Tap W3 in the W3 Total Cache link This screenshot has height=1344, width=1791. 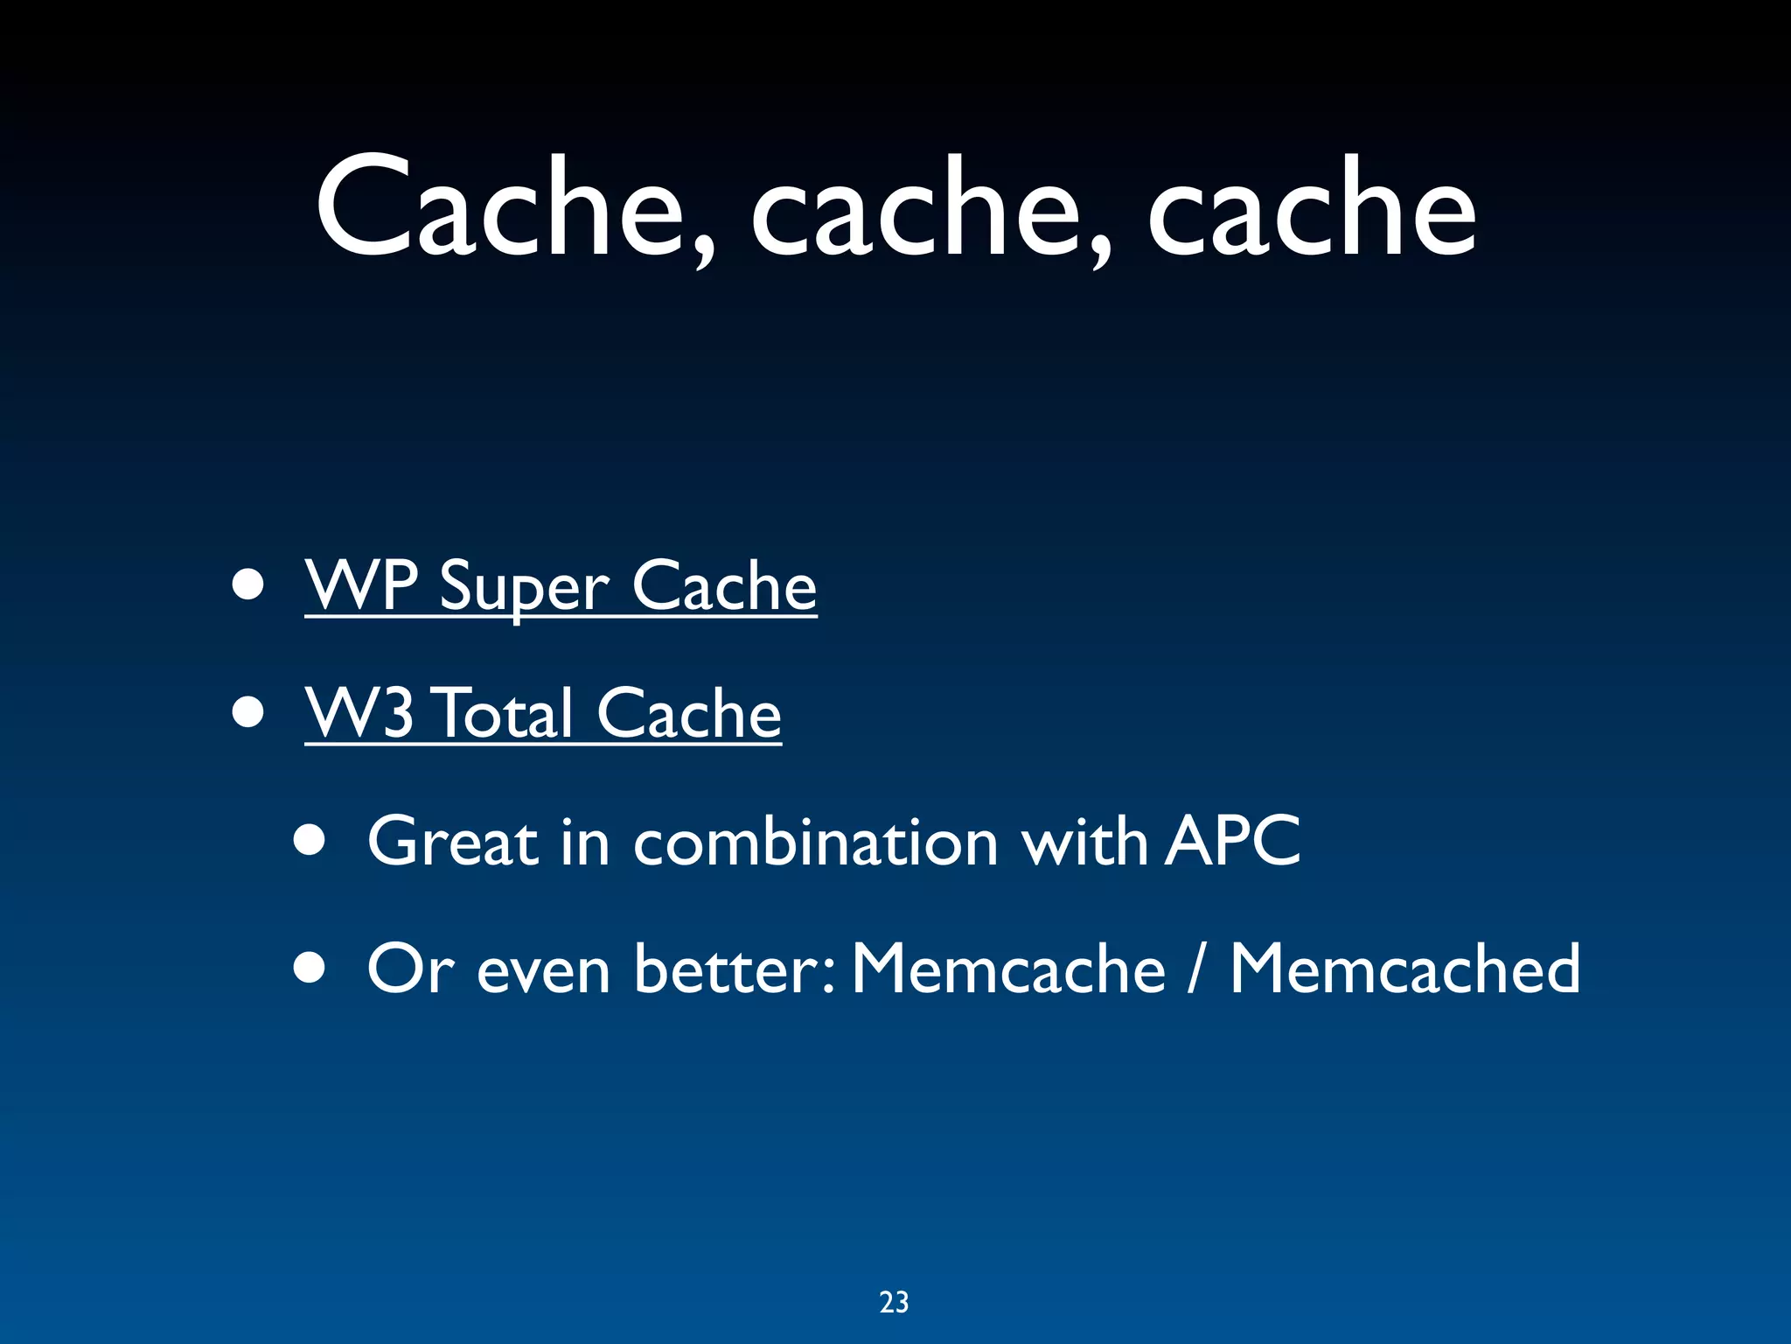[x=359, y=713]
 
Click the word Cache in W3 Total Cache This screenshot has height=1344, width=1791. [x=689, y=713]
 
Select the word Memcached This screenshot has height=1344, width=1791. [x=1404, y=969]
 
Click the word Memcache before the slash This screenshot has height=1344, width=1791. [x=1008, y=969]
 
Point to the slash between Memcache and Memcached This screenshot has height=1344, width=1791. [x=1195, y=969]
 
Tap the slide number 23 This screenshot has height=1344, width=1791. [x=894, y=1302]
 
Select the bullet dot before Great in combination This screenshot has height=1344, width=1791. [x=310, y=841]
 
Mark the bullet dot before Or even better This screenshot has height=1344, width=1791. [x=310, y=969]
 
